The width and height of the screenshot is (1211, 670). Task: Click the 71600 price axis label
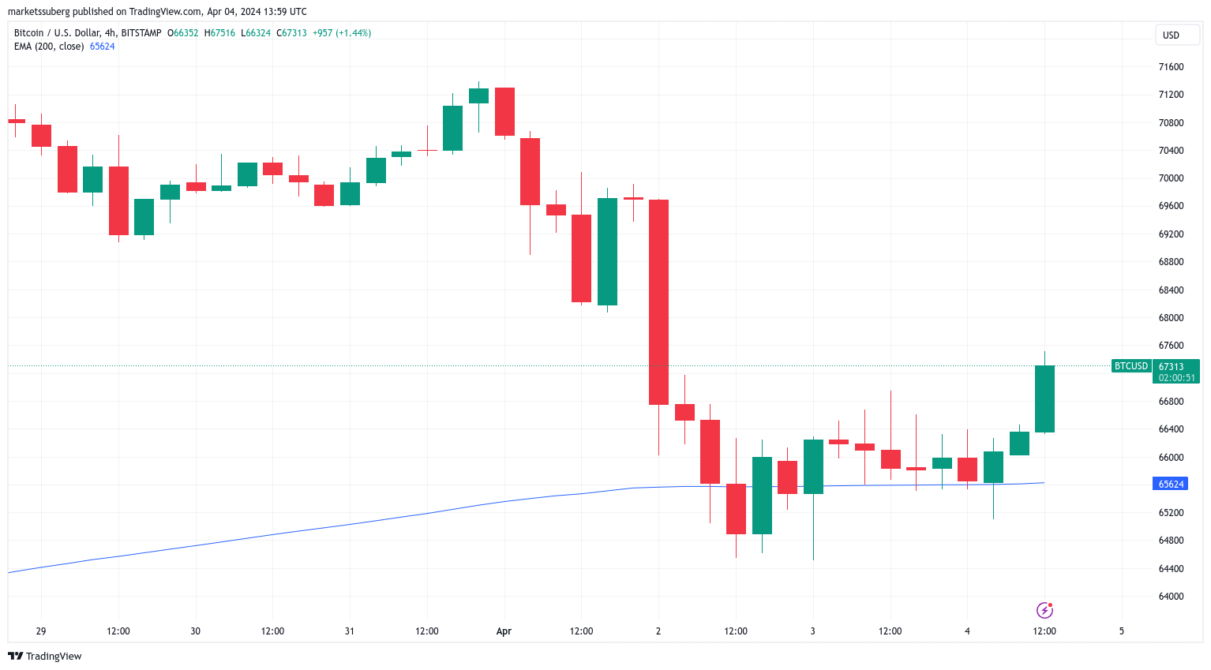pos(1171,67)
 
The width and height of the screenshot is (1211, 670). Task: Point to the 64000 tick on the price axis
pos(1171,597)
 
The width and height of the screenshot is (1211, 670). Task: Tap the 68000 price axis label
pos(1171,318)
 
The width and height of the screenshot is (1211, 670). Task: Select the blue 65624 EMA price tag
pos(1171,484)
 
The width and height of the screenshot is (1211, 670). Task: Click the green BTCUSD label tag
pos(1130,366)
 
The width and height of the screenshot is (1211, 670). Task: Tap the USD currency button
pos(1171,36)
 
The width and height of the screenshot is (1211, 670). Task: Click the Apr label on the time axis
pos(504,631)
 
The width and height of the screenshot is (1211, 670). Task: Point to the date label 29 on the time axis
pos(41,631)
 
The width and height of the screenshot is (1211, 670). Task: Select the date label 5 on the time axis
pos(1121,631)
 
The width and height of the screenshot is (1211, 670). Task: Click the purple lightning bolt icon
pos(1044,610)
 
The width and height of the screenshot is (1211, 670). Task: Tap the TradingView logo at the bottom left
pos(45,657)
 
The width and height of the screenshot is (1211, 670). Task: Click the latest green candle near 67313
pos(1044,399)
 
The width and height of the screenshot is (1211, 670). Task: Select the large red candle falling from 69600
pos(658,302)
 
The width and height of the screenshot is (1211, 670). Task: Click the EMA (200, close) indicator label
pos(49,47)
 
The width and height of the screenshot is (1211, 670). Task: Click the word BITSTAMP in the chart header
pos(141,33)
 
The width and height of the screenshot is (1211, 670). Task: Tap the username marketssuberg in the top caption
pos(39,12)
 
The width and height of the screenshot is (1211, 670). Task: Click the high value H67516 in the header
pos(219,33)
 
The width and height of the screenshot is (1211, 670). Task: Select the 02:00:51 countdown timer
pos(1176,378)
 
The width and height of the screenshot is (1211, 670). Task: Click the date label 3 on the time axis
pos(812,631)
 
